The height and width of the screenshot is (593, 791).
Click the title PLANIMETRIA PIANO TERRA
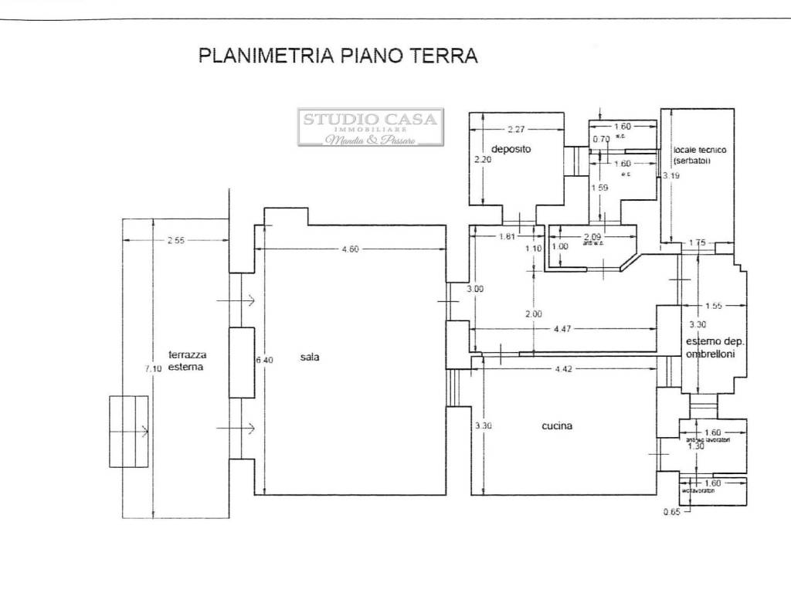338,56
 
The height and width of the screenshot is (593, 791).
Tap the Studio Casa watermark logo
371,127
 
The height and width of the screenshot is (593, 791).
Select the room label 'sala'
310,357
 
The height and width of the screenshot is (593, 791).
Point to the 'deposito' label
511,149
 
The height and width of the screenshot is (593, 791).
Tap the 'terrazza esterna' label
186,361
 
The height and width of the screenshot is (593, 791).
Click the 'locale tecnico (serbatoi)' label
699,154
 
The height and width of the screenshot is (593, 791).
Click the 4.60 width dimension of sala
351,249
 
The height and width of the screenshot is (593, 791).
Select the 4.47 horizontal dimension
564,330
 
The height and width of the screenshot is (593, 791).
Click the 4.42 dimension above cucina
562,368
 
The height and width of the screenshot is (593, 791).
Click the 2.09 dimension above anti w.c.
592,236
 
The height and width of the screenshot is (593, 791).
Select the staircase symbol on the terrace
128,431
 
